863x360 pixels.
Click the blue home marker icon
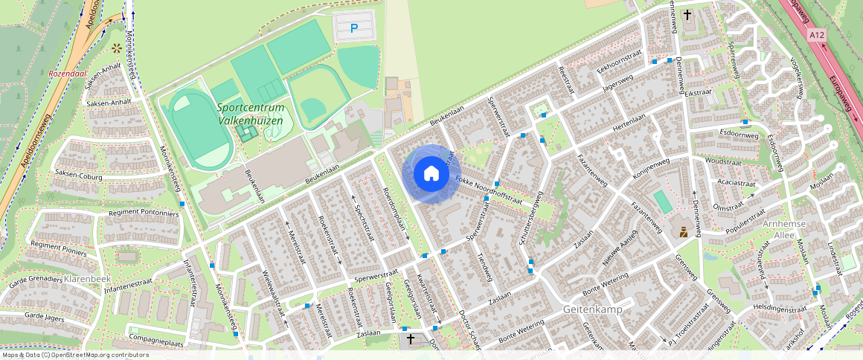point(431,174)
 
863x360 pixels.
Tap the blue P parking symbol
point(354,29)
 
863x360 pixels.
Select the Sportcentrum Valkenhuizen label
point(250,113)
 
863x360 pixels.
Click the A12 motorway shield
point(818,35)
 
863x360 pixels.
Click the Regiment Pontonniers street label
point(144,213)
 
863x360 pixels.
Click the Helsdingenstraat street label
point(779,309)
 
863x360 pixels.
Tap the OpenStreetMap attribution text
point(74,355)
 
